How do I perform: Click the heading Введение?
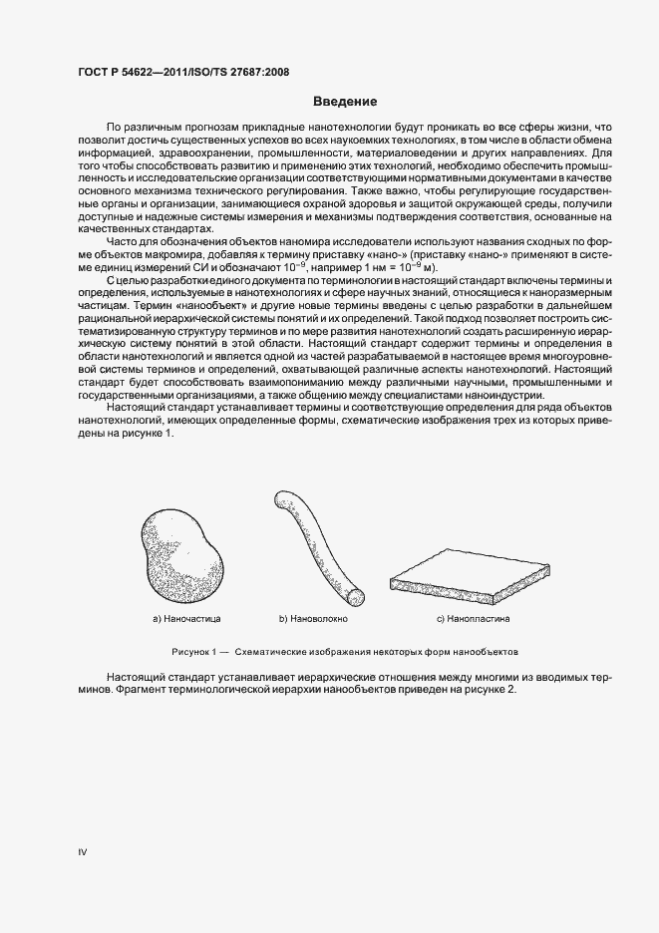point(345,101)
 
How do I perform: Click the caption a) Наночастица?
point(185,619)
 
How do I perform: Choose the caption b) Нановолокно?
point(312,619)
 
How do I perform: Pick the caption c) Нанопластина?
point(473,619)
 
